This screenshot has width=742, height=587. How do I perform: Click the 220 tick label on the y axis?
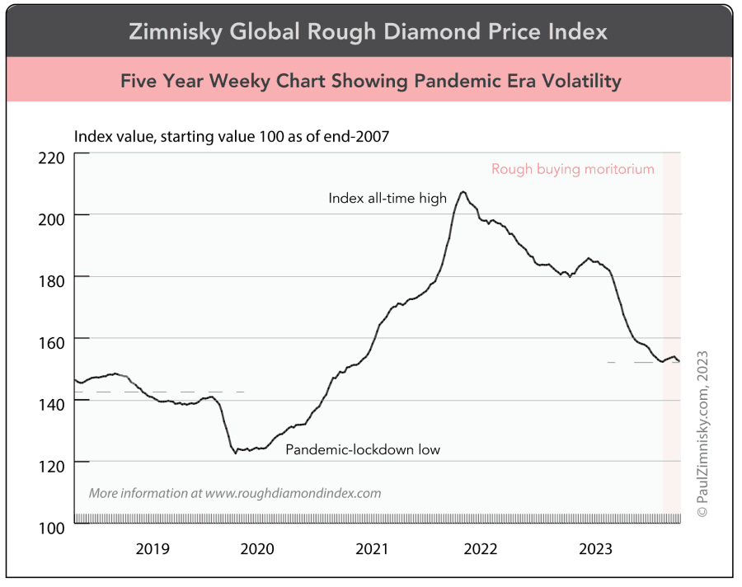pos(51,156)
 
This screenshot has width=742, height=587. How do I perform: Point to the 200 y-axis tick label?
pos(51,216)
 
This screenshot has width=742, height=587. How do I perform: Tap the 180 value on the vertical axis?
pos(51,278)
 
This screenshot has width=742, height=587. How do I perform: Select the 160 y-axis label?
pos(51,340)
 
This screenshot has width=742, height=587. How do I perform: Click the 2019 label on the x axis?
pos(153,548)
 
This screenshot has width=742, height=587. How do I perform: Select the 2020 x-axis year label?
pos(257,548)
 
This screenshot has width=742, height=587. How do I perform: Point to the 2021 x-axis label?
pos(372,548)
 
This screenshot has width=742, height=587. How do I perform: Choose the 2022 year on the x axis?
pos(480,548)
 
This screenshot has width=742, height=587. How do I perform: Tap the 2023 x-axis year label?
pos(595,548)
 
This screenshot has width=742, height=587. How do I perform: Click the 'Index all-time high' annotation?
pos(387,198)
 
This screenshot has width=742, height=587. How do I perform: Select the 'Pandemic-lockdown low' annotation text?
pos(363,450)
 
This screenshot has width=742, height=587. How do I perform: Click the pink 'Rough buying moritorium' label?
pos(572,169)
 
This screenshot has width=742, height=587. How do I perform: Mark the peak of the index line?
pos(463,192)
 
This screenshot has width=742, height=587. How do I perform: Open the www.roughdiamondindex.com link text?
pos(293,494)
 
